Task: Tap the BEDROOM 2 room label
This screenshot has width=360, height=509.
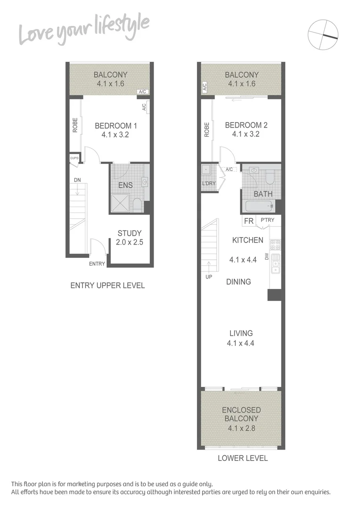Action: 246,125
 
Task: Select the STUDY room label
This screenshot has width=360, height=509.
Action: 130,233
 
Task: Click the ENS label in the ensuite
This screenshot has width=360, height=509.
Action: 125,185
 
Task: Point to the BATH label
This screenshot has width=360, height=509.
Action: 263,194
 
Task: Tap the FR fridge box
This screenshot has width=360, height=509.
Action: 248,221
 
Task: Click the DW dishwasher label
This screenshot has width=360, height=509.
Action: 267,257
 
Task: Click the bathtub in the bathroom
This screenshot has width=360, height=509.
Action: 259,206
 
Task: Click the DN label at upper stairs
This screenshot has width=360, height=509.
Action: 77,180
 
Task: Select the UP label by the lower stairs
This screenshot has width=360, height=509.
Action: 209,277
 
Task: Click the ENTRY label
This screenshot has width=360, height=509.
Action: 97,263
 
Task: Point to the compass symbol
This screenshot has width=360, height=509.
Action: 323,34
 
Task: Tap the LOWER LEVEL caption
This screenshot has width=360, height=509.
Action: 243,458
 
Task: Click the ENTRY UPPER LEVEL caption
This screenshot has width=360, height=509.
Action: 107,285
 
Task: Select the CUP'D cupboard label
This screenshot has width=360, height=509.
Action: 74,158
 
